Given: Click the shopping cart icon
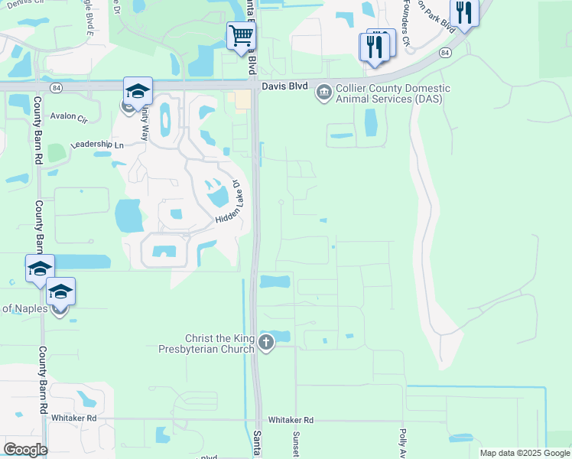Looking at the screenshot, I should click(x=241, y=35).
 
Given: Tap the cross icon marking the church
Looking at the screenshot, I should click(x=265, y=342).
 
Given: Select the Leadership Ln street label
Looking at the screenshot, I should click(x=96, y=145).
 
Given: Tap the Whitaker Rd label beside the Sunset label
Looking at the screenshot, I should click(x=291, y=420).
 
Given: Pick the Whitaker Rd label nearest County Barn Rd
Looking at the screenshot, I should click(x=74, y=418).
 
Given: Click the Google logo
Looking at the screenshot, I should click(x=24, y=450).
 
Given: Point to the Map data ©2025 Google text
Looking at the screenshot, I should click(x=525, y=453).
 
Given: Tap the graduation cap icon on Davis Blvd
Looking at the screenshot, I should click(x=138, y=91).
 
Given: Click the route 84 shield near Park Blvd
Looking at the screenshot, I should click(x=444, y=53).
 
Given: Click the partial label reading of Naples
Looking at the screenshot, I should click(x=23, y=308).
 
